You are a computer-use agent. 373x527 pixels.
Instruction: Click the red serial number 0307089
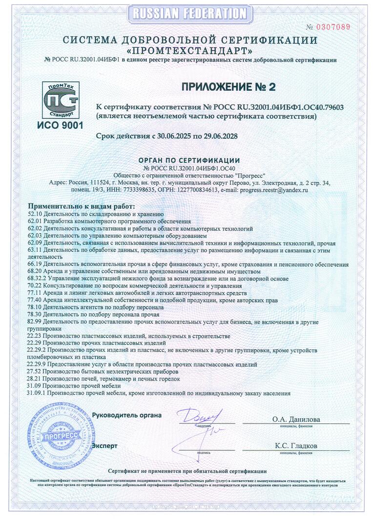pyautogui.click(x=334, y=27)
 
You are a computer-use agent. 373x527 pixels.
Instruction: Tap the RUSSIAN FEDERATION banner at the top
pyautogui.click(x=186, y=13)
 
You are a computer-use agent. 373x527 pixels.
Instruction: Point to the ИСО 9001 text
pyautogui.click(x=60, y=125)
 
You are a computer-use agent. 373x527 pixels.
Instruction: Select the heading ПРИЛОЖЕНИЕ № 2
pyautogui.click(x=228, y=87)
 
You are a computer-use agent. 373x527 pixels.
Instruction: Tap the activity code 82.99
pyautogui.click(x=35, y=323)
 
